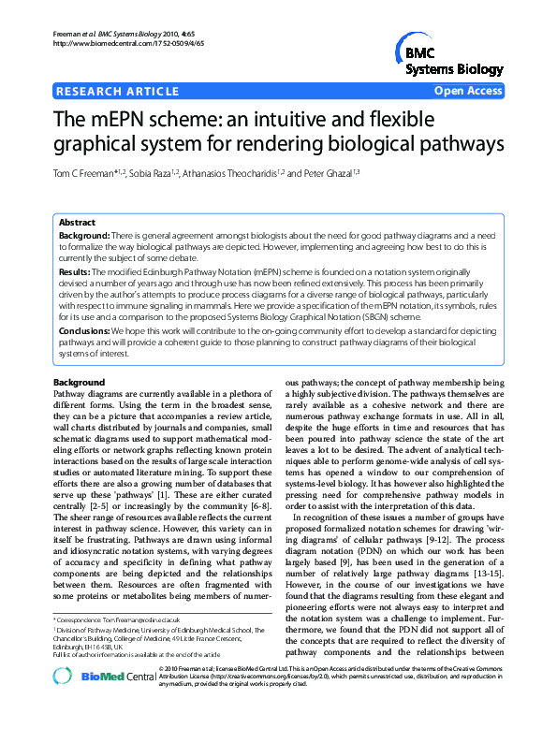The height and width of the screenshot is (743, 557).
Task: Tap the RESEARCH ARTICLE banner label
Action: (x=118, y=92)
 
